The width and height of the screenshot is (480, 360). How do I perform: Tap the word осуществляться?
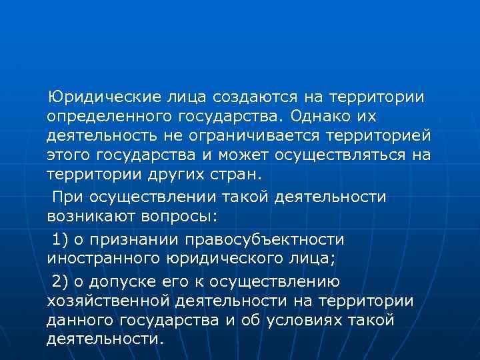347,156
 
